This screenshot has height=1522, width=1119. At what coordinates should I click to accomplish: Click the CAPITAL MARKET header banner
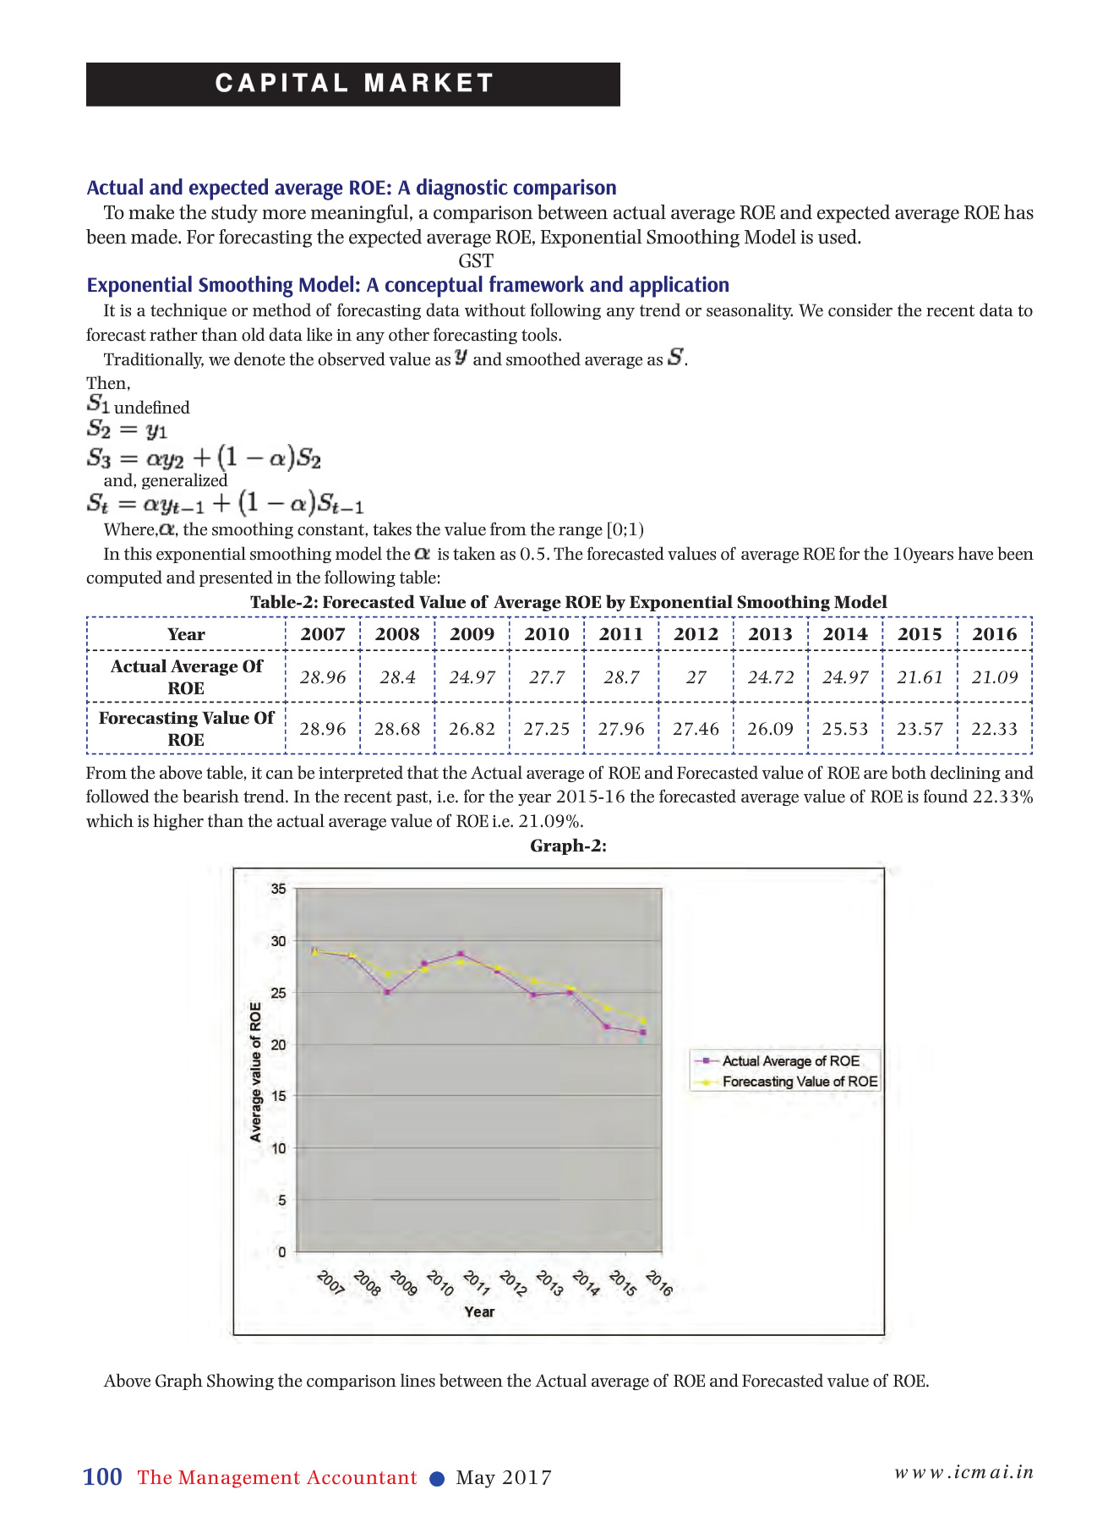[x=353, y=84]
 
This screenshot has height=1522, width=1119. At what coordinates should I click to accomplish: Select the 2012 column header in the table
[x=696, y=634]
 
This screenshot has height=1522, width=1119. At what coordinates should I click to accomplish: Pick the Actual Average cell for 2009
[x=472, y=677]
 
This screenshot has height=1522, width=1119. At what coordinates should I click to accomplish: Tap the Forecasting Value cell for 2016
[x=994, y=729]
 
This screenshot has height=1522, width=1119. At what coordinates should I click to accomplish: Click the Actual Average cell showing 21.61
[x=920, y=677]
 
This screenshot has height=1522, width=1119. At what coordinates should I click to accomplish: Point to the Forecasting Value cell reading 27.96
[x=621, y=729]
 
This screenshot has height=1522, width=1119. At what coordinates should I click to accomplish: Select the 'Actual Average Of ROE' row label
[x=186, y=677]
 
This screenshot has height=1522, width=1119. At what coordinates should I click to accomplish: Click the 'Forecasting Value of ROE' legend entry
[x=799, y=1081]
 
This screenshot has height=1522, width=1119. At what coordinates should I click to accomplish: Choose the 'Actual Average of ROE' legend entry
[x=789, y=1061]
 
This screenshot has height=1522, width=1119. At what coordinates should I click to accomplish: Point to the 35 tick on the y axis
[x=278, y=889]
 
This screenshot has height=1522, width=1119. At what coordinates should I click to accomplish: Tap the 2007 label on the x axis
[x=330, y=1284]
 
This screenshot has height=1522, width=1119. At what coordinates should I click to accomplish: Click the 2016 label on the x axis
[x=659, y=1284]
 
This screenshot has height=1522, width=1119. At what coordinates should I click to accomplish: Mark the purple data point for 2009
[x=387, y=992]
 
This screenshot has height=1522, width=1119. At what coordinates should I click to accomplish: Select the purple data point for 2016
[x=643, y=1032]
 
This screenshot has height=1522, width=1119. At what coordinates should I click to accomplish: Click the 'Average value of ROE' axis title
[x=255, y=1071]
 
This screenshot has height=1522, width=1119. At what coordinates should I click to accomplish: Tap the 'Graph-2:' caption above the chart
[x=568, y=846]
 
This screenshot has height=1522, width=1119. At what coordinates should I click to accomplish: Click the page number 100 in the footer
[x=102, y=1477]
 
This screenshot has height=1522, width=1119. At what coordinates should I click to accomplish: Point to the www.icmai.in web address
[x=964, y=1472]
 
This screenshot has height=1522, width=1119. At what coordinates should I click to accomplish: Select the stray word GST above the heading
[x=476, y=261]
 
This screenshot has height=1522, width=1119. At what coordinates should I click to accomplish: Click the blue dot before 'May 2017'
[x=437, y=1478]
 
